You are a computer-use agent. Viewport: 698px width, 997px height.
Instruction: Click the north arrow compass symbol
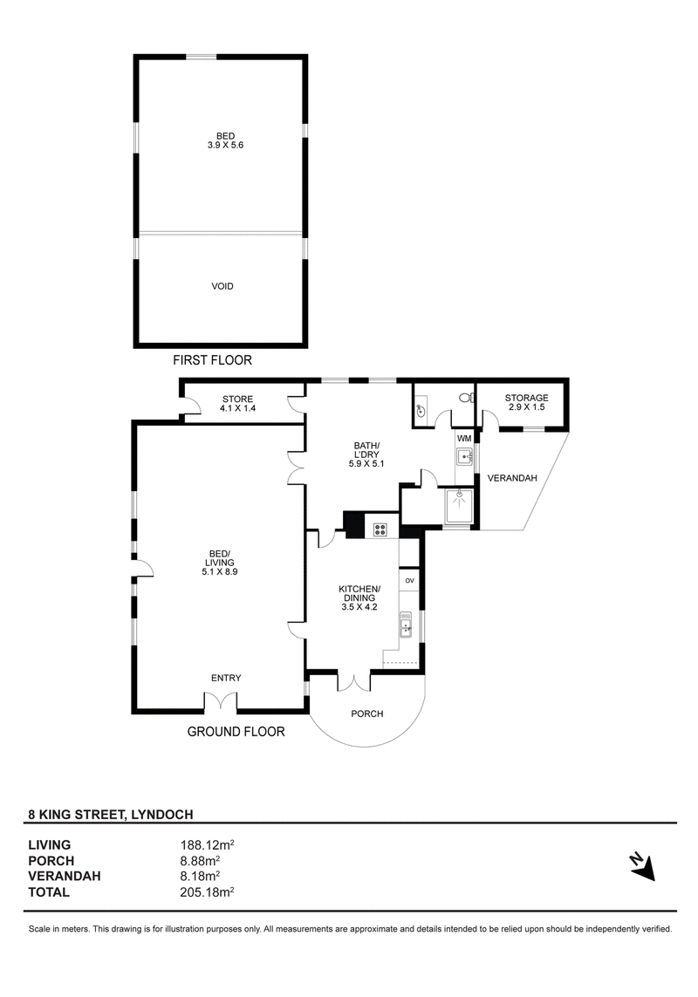643,866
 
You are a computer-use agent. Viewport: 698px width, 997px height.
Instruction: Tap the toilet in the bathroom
467,398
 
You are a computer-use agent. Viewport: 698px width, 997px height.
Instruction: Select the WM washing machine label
464,438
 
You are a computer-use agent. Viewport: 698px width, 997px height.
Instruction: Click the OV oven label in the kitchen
410,581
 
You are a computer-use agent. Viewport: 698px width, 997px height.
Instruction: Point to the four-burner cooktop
380,529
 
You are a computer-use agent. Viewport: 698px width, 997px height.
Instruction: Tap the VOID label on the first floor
222,286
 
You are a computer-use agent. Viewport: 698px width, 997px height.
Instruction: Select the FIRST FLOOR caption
213,360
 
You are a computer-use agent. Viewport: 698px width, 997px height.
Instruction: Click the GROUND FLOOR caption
236,732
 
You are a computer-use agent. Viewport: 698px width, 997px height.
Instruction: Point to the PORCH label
367,714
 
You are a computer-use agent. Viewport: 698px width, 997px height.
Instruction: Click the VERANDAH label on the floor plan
512,478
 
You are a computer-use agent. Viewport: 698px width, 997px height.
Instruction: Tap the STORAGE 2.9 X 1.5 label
526,402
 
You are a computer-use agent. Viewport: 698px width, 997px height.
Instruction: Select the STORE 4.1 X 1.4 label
237,404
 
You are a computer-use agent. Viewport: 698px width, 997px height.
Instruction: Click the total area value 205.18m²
208,892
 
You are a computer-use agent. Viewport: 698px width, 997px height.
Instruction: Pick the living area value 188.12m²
208,845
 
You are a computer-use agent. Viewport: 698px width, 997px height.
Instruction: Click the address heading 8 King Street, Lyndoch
111,815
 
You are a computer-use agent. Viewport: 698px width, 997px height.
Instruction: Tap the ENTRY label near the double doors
226,678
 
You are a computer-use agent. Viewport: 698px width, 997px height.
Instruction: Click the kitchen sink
406,625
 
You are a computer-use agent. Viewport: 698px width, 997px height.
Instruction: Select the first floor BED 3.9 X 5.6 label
225,140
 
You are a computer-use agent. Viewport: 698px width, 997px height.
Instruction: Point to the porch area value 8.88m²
200,861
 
